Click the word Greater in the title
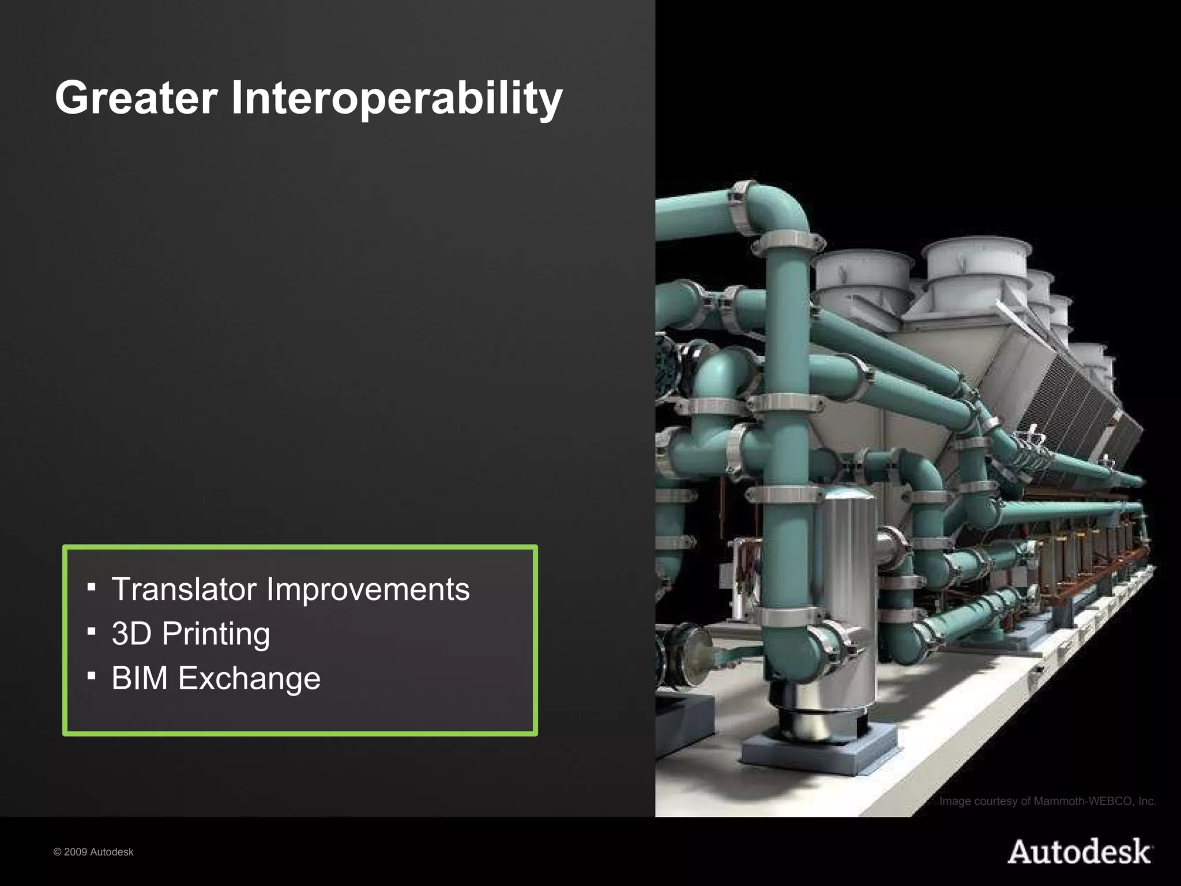point(136,98)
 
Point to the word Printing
point(216,633)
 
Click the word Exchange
point(249,678)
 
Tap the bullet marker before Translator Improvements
point(91,587)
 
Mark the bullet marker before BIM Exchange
point(91,675)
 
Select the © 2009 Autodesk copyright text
point(93,852)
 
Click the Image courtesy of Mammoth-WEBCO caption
point(1047,801)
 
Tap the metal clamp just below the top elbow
point(787,241)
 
